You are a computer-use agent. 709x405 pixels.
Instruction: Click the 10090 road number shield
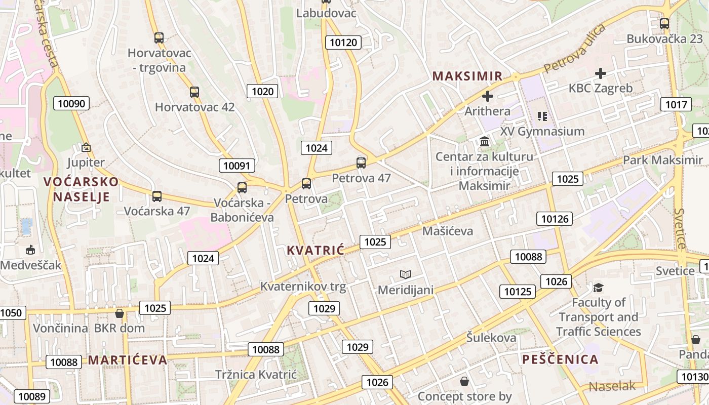pos(71,104)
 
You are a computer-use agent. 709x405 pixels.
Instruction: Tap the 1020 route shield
pos(262,91)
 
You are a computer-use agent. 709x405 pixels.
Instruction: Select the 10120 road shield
pos(343,43)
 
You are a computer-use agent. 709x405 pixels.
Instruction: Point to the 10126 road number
pos(555,219)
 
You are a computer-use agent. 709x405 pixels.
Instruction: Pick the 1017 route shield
pos(676,105)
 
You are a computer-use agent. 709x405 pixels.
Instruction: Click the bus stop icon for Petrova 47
pos(361,163)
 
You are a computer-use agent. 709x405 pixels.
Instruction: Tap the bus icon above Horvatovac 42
pos(194,92)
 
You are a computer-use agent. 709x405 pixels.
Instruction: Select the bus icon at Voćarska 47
pos(157,196)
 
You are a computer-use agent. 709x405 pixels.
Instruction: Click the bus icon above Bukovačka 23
pos(664,24)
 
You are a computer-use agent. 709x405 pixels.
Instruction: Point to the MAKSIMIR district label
pos(467,76)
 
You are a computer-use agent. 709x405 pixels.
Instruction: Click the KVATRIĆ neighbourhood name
pos(316,250)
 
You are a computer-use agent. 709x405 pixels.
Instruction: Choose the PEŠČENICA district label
pos(560,360)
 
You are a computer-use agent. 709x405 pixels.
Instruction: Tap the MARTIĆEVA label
pos(128,360)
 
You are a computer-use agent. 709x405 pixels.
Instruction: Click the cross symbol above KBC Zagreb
pos(601,73)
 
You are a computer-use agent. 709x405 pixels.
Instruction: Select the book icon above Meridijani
pos(406,275)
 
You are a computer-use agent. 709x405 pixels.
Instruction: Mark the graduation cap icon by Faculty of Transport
pos(599,288)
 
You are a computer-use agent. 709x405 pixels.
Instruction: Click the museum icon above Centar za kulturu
pos(485,141)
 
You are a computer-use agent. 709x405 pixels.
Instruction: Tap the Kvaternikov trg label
pos(303,287)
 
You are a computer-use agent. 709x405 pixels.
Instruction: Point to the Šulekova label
pos(491,338)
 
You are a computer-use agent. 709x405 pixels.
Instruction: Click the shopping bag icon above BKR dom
pos(120,314)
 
